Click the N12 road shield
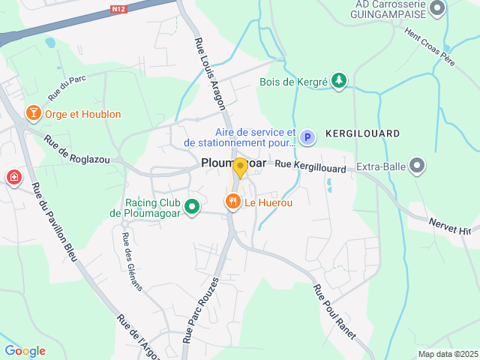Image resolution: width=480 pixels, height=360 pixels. click(x=117, y=9)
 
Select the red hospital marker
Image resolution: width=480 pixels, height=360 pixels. click(x=13, y=178)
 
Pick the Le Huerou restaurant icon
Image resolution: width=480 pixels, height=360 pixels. click(x=232, y=202)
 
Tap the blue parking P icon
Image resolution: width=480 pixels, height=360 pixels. click(x=307, y=137)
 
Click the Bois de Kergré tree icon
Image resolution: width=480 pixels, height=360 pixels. click(x=340, y=81)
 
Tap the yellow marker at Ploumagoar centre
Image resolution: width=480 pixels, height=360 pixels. click(x=240, y=166)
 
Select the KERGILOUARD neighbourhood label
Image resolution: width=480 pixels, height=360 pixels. click(x=362, y=133)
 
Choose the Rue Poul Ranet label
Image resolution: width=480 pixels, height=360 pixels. click(x=333, y=310)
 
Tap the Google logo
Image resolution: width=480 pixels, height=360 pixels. click(x=25, y=351)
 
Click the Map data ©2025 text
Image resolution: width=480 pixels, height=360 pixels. click(x=447, y=354)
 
